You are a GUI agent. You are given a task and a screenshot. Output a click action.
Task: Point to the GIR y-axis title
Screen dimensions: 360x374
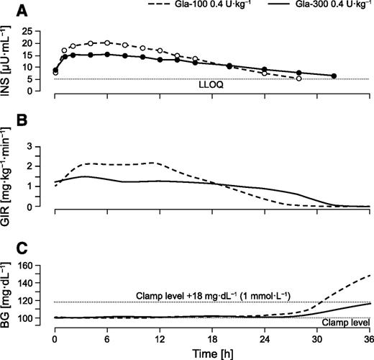(11, 178)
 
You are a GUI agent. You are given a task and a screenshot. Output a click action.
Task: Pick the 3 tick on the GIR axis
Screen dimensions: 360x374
(45, 145)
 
